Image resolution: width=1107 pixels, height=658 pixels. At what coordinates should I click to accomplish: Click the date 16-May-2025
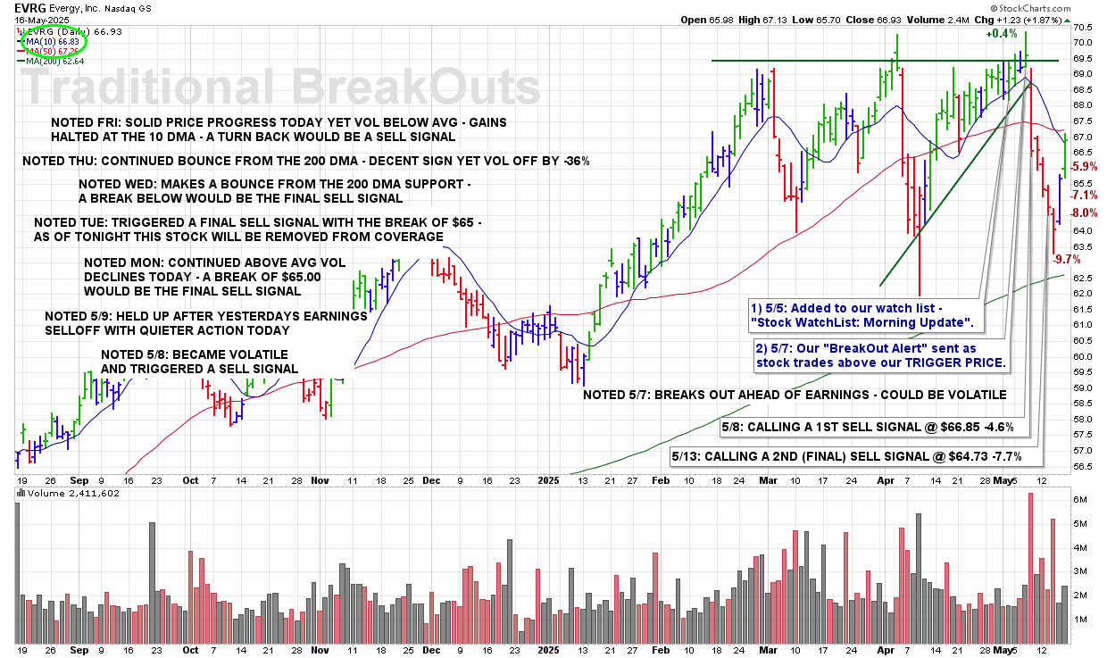[31, 19]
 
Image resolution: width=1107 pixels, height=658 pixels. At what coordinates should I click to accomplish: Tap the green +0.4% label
[1002, 33]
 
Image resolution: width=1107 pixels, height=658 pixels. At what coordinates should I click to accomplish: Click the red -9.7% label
[1067, 259]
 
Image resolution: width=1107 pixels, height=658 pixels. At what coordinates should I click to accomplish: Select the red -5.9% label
[1084, 166]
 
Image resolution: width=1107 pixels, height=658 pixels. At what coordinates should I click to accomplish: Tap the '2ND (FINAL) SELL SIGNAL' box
[858, 456]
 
